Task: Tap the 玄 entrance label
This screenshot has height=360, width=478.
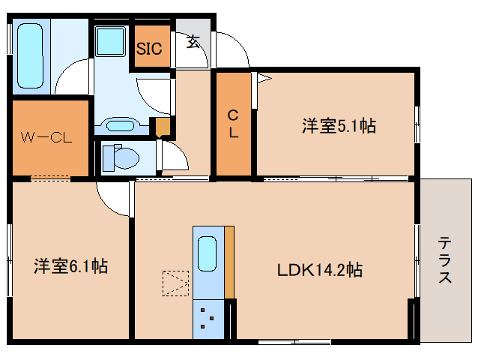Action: pyautogui.click(x=193, y=42)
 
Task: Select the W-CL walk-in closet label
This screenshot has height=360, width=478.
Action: pyautogui.click(x=45, y=137)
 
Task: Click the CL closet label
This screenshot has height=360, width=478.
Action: pyautogui.click(x=234, y=124)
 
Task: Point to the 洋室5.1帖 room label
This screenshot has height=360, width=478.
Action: pyautogui.click(x=339, y=126)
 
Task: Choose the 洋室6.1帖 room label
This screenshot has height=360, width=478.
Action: pyautogui.click(x=70, y=265)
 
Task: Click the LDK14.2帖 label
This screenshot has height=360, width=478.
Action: pyautogui.click(x=320, y=269)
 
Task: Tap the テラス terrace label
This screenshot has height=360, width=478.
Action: pyautogui.click(x=445, y=259)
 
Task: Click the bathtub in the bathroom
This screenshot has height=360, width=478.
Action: pyautogui.click(x=31, y=58)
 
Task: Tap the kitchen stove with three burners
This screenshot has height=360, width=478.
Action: pyautogui.click(x=208, y=319)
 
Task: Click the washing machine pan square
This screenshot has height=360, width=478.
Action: pyautogui.click(x=112, y=40)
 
